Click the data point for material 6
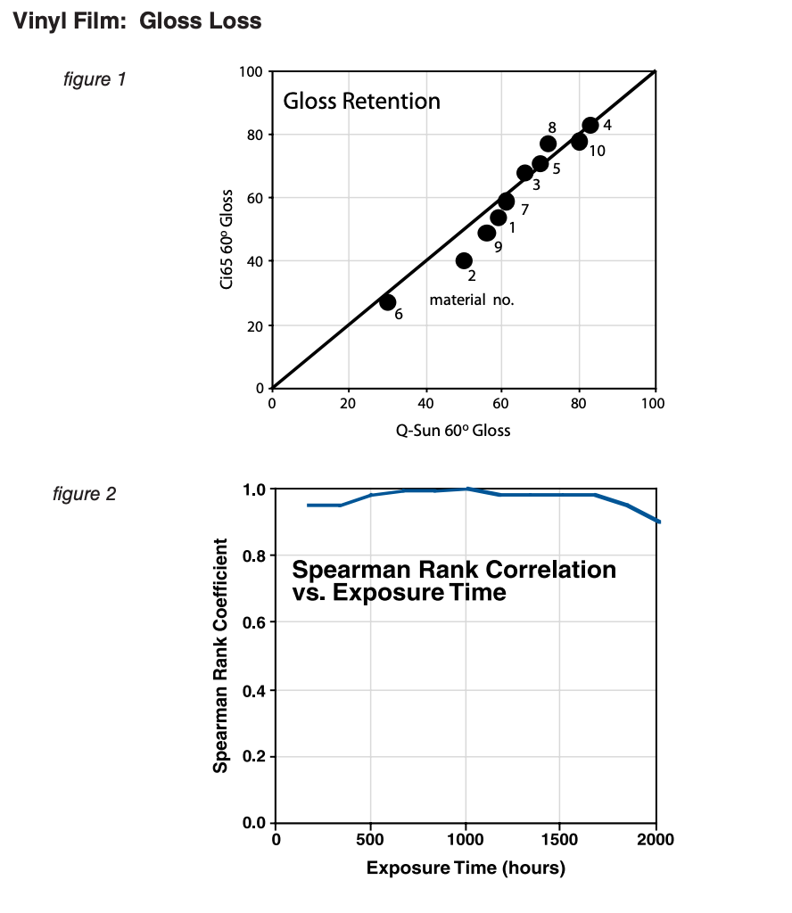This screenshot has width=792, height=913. (387, 302)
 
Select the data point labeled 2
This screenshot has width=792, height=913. (464, 260)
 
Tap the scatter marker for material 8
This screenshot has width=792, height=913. (549, 144)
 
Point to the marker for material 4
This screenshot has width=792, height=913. (590, 126)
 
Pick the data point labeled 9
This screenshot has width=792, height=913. (487, 233)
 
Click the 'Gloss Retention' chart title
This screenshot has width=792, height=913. (361, 101)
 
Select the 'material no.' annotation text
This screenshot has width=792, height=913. (472, 300)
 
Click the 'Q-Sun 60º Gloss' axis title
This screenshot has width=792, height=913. (453, 431)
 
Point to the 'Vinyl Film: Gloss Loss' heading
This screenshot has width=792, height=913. (136, 21)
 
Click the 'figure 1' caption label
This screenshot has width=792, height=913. (95, 79)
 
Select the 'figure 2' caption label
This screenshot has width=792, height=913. (84, 493)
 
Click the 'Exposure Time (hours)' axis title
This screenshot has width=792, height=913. (465, 868)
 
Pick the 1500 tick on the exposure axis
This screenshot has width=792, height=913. (559, 839)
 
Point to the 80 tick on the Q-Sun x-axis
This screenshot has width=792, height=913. (578, 404)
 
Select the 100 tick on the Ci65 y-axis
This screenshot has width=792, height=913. (252, 72)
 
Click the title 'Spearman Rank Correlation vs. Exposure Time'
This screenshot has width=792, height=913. (453, 580)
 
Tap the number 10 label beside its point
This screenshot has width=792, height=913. (597, 151)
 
